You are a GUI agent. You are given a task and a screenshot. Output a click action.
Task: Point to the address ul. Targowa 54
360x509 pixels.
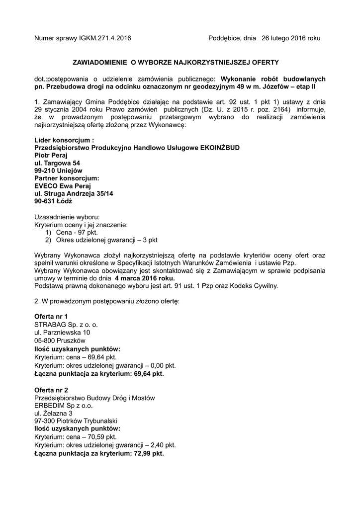(57, 163)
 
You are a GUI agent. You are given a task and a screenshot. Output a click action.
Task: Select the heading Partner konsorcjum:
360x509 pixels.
(67, 178)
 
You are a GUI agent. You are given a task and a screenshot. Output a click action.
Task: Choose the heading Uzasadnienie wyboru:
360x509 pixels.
(67, 217)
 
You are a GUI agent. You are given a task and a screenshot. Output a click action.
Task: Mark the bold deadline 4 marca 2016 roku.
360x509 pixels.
(145, 278)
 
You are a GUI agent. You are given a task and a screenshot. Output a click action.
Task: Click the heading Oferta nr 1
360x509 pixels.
(51, 317)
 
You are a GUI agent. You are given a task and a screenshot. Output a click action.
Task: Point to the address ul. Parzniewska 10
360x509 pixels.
(62, 332)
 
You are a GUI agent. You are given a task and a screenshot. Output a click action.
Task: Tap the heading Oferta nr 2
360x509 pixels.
(51, 390)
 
